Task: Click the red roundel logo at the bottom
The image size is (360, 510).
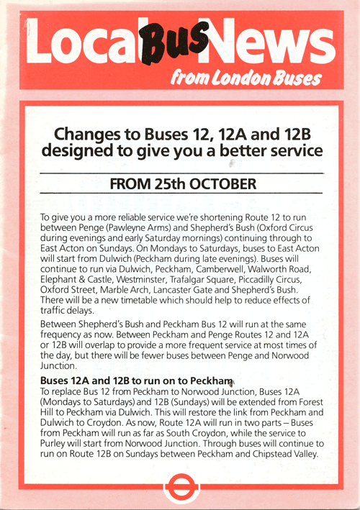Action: pos(180,486)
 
